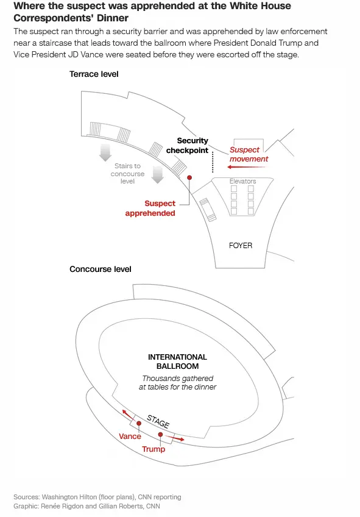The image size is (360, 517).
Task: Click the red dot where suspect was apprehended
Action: (189, 177)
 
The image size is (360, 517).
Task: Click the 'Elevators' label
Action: (242, 181)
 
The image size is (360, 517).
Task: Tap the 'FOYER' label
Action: (240, 246)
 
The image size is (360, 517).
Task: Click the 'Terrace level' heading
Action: (94, 74)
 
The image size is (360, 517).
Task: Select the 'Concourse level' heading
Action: (101, 269)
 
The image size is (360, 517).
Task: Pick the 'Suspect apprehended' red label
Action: (150, 209)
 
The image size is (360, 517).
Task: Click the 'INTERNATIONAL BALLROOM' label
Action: (177, 362)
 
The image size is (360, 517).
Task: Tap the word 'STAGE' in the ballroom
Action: (158, 421)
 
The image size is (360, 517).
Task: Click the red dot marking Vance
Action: (139, 423)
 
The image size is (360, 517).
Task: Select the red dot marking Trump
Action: (160, 435)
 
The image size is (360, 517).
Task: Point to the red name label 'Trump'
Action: (154, 449)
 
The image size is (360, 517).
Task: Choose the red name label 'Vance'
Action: (130, 436)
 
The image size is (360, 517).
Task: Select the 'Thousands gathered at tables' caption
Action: (177, 383)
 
